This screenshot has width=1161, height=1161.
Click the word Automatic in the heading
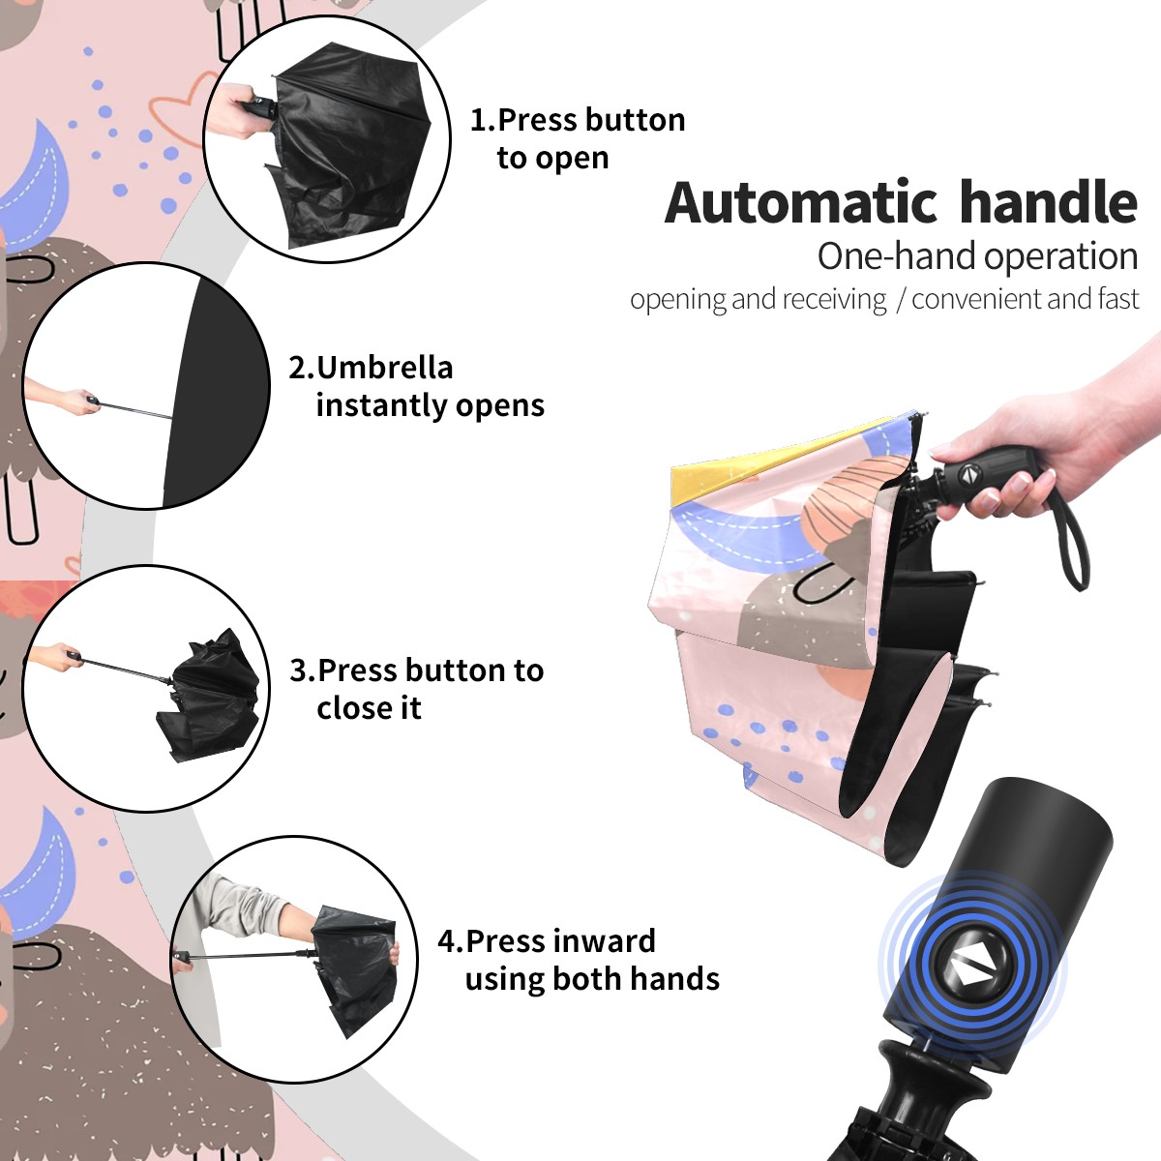pos(801,203)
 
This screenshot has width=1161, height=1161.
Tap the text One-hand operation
pos(977,256)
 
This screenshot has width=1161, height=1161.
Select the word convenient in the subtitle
pos(978,299)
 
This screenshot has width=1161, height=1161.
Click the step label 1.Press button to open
pos(578,138)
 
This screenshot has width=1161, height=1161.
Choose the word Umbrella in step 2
pos(384,368)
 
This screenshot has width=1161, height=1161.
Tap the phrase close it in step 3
pos(369,707)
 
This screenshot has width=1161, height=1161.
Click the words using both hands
pos(592,978)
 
